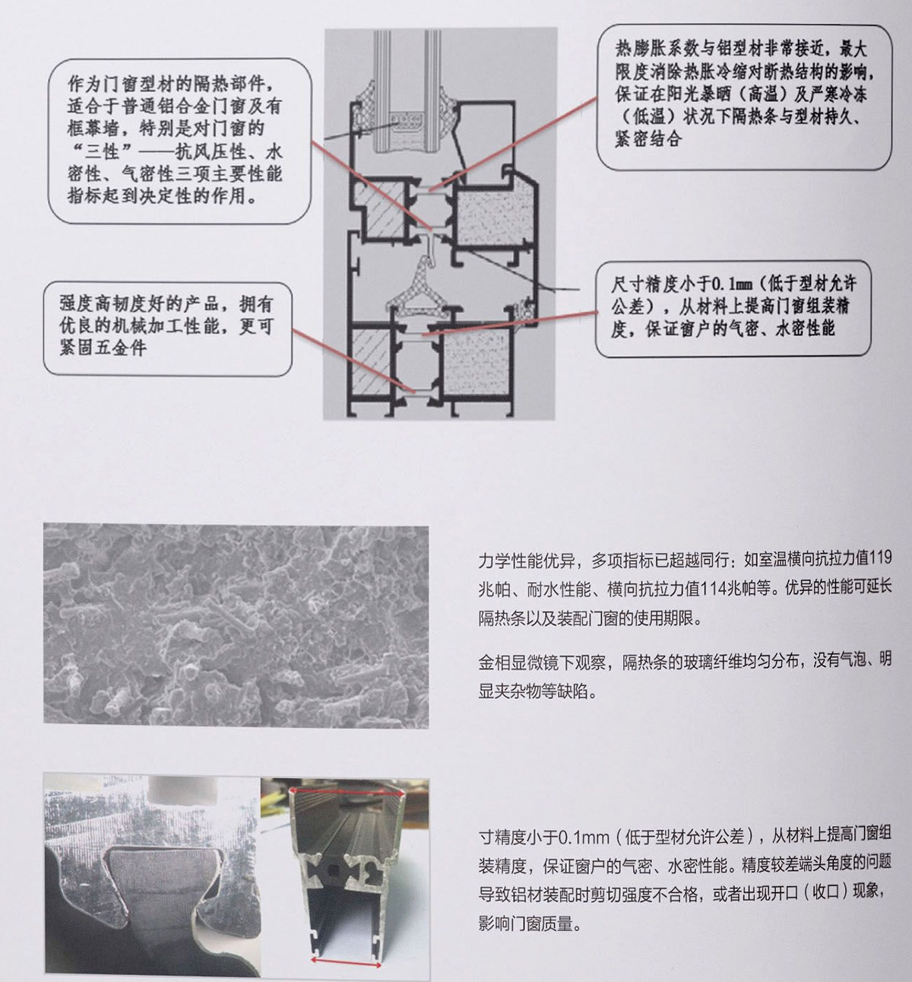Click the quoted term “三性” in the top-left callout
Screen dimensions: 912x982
pos(103,151)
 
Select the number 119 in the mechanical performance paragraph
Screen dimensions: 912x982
pos(880,558)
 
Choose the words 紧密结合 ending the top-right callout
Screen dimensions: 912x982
pos(648,138)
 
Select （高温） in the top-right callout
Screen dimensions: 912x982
pos(766,94)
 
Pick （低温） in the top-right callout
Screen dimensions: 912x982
pos(648,116)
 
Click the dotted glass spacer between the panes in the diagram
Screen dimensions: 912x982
pos(406,121)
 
